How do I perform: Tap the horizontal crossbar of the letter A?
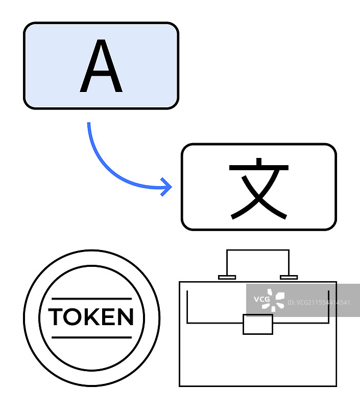coord(101,77)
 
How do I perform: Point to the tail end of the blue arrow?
coord(89,124)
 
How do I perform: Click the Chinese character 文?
coord(259,188)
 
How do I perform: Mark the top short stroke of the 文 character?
coord(258,162)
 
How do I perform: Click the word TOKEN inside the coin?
coord(91,317)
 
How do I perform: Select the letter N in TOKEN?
coord(125,317)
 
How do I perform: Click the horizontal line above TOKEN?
coord(91,298)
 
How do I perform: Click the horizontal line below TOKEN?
coord(91,337)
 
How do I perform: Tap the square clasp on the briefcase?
coord(257,325)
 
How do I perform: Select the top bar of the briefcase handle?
coord(258,250)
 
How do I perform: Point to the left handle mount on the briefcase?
coord(227,278)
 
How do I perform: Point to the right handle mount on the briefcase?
coord(289,278)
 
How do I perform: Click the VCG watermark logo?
coord(270,301)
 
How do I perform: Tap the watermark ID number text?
coord(319,303)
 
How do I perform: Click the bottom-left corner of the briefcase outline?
coord(180,385)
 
